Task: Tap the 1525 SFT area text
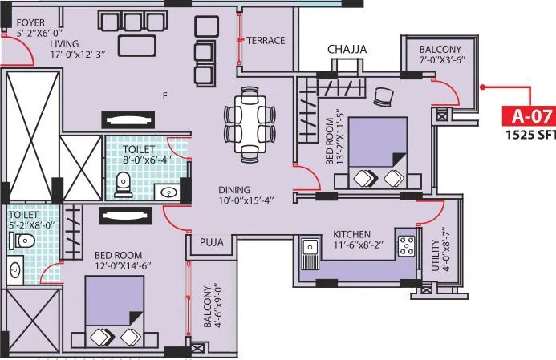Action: tap(530, 135)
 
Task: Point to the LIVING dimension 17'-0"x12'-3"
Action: tap(44, 55)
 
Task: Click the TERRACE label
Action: tap(266, 40)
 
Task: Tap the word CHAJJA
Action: tap(347, 50)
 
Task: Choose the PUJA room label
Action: tap(211, 241)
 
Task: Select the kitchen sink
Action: tap(310, 255)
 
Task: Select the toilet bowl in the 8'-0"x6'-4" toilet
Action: tap(124, 184)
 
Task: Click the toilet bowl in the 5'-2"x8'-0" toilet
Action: tap(25, 241)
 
